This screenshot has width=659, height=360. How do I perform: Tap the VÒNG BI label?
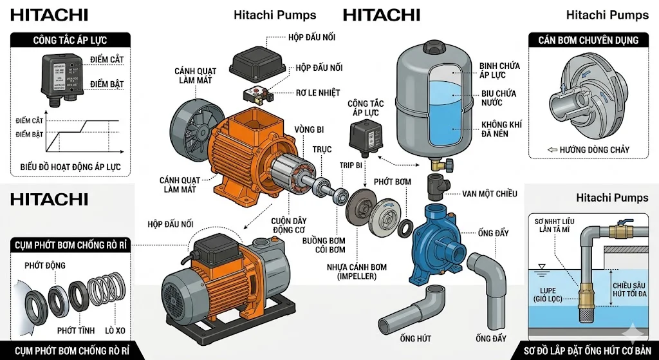point(309,130)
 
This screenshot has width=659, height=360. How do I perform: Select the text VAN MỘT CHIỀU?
point(490,194)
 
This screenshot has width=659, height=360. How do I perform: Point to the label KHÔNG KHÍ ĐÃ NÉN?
point(500,129)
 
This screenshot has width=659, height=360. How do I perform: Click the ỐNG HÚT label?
point(416,338)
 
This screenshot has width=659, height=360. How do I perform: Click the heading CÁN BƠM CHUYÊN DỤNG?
point(588,40)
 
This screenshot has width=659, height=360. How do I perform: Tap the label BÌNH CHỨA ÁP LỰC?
point(500,70)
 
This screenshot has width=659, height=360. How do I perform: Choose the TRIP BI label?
point(351,166)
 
